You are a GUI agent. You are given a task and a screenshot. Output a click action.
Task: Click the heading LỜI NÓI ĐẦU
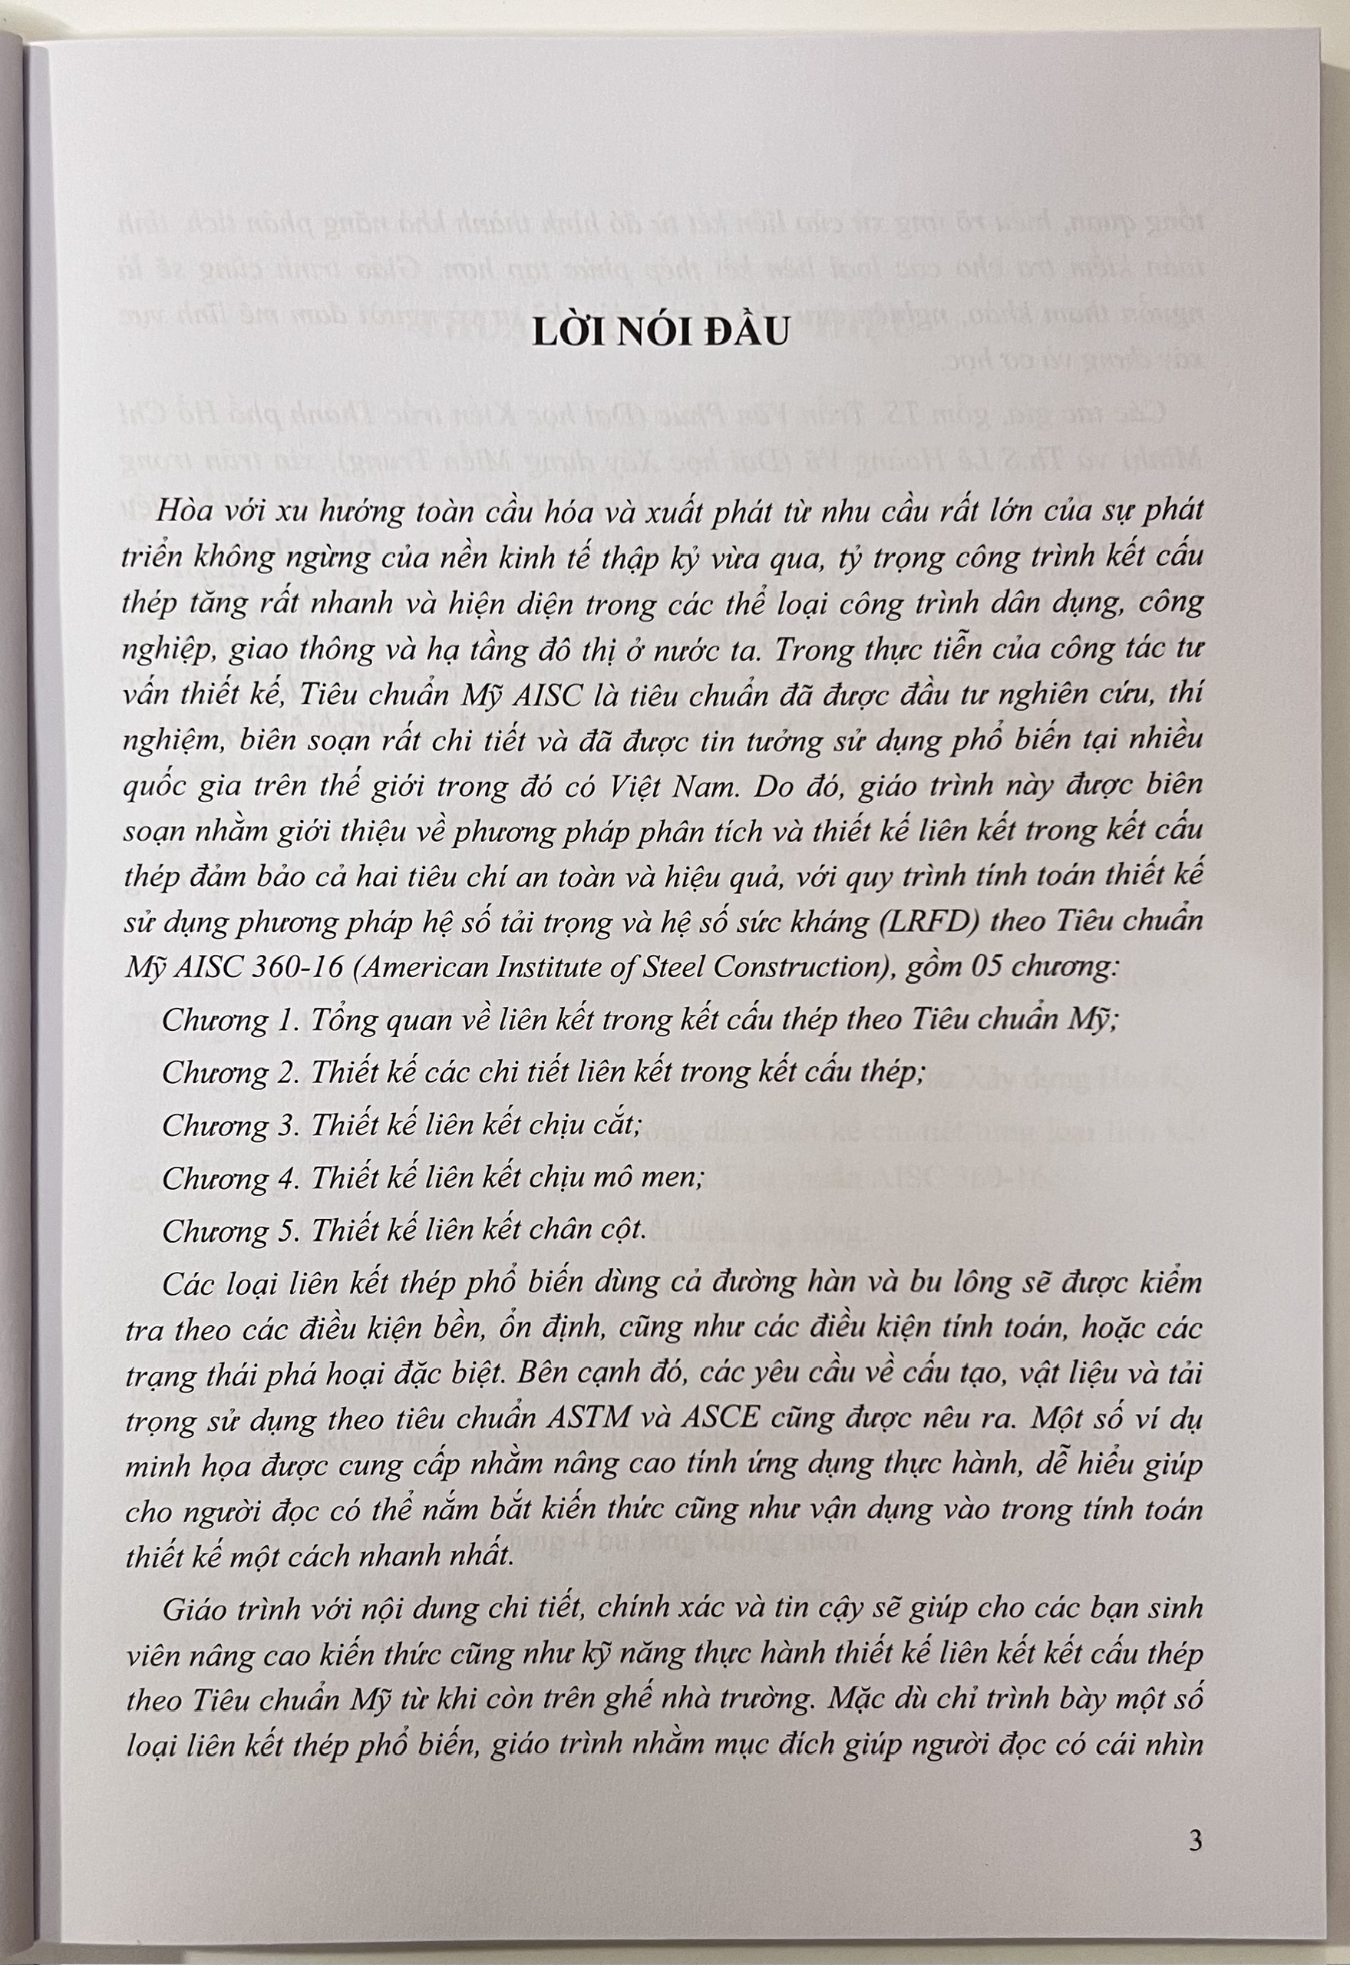(660, 333)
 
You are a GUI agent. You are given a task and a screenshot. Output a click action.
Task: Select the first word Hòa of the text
(182, 511)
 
